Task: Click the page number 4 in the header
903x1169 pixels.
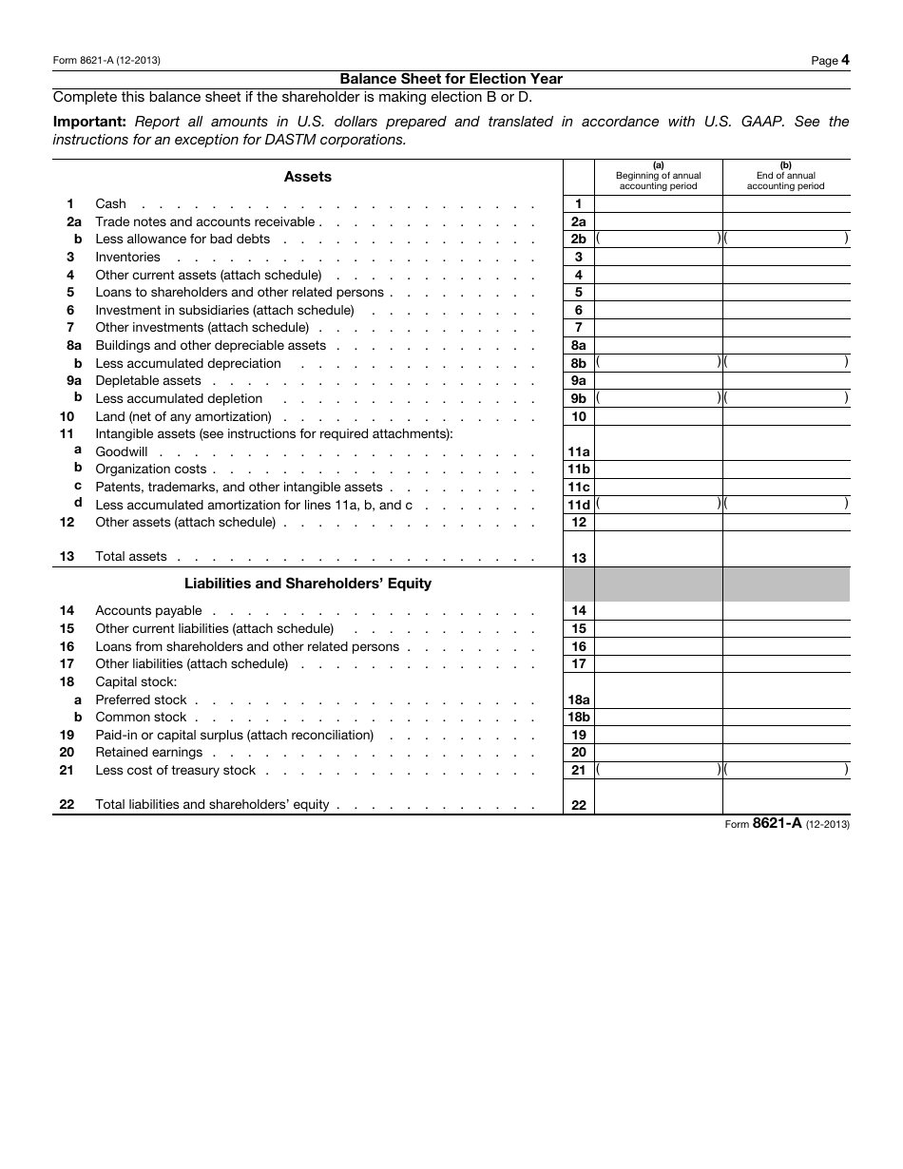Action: (845, 60)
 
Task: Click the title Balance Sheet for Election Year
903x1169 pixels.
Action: (451, 79)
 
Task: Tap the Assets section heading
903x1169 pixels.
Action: (308, 177)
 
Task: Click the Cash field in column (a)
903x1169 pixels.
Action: (658, 204)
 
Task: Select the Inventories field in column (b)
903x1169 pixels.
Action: (786, 258)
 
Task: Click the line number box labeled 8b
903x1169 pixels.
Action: (578, 363)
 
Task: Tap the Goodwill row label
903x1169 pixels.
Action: (122, 452)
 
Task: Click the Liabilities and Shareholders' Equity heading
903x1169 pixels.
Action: (308, 584)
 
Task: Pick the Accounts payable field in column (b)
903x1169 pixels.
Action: (786, 611)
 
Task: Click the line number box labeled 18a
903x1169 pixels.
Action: (578, 700)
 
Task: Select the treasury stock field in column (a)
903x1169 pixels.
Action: (658, 771)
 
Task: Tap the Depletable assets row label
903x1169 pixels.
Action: (148, 381)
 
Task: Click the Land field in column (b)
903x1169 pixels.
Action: (786, 417)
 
